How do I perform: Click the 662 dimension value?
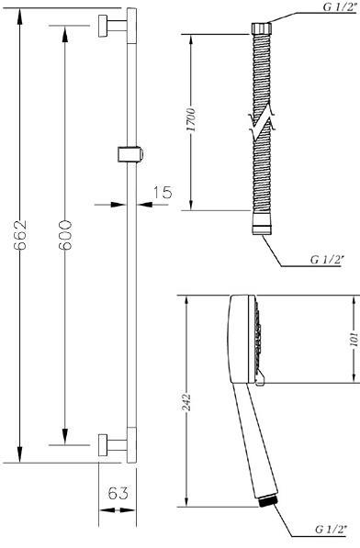tap(20, 234)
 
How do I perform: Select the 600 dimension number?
tap(65, 234)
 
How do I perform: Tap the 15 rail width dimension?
tap(163, 192)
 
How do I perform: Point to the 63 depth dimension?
tap(118, 493)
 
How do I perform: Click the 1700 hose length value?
tap(191, 120)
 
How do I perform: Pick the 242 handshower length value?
tap(186, 402)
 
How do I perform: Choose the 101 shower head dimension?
tap(354, 339)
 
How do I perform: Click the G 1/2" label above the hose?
tap(338, 7)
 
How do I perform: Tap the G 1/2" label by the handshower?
tap(331, 530)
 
